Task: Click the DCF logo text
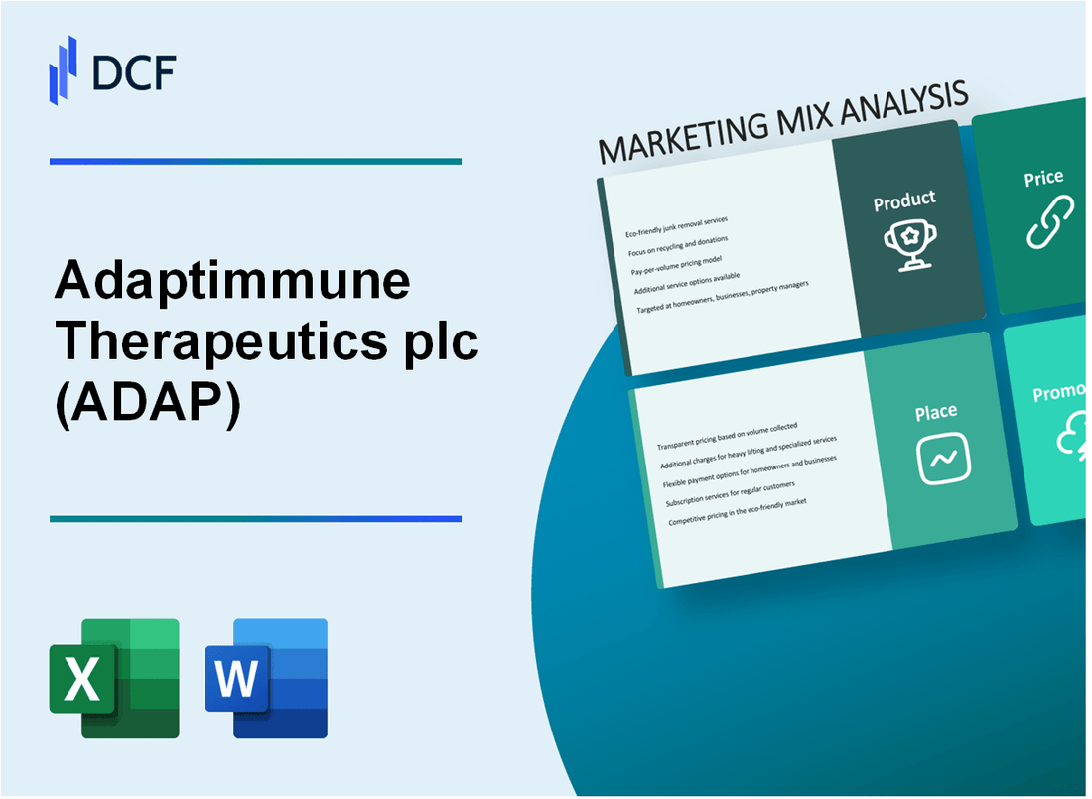click(134, 74)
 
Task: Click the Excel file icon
click(114, 678)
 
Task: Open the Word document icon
click(266, 678)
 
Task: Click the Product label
click(904, 200)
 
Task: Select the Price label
click(1043, 178)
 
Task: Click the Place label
click(936, 411)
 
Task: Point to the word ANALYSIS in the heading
click(903, 102)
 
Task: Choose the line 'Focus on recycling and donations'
click(677, 244)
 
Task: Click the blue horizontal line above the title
click(255, 161)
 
